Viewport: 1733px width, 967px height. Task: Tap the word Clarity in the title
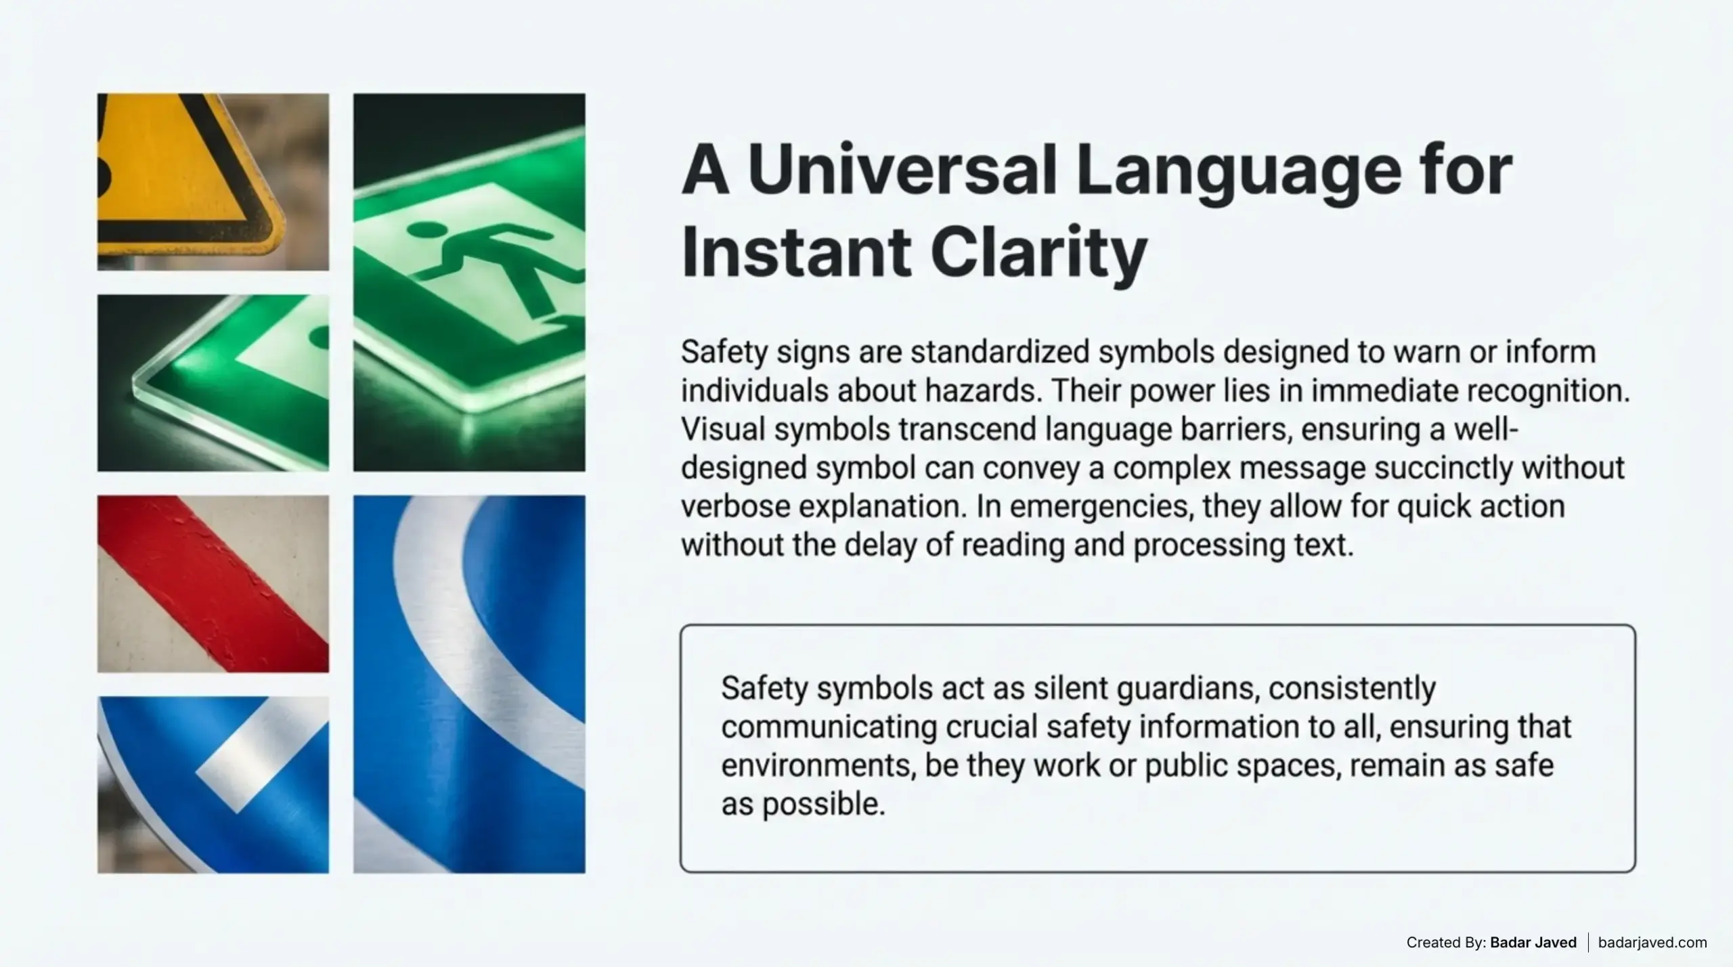tap(1038, 254)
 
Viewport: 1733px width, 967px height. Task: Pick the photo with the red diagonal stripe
tap(213, 583)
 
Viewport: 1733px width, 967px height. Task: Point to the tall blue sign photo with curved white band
tap(469, 683)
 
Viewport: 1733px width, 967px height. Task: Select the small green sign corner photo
tap(213, 383)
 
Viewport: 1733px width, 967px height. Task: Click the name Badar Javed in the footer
tap(1533, 942)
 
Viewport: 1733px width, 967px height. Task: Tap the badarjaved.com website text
tap(1652, 942)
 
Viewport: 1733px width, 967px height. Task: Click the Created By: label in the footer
tap(1446, 942)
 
